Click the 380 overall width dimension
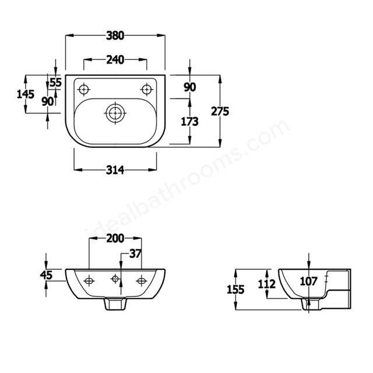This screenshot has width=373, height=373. point(115,36)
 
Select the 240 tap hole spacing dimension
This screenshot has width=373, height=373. point(115,59)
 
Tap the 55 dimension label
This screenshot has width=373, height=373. point(56,82)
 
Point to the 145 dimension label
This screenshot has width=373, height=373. point(26,94)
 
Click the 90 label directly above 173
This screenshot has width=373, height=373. point(190,87)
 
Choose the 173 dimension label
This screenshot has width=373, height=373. point(189,122)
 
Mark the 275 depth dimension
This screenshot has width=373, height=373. point(220,111)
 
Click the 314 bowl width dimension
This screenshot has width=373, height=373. point(115,170)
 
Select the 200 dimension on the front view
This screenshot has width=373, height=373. point(115,238)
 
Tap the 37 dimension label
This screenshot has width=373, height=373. point(135,254)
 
